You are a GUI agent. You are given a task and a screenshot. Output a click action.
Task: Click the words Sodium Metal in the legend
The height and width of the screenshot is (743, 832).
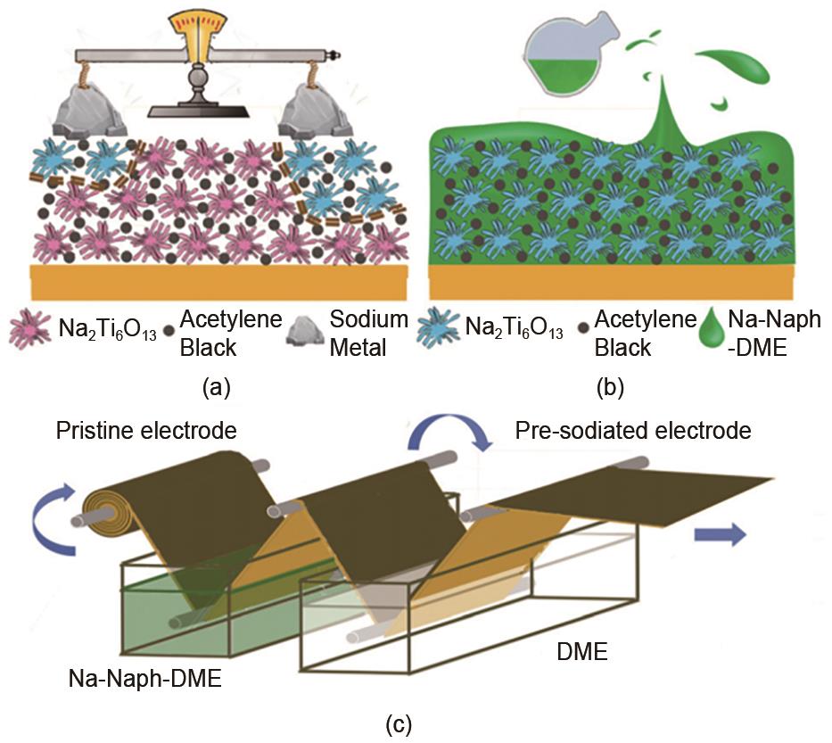coord(369,333)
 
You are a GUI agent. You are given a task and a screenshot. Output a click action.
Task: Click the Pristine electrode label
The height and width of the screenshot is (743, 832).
coord(146,432)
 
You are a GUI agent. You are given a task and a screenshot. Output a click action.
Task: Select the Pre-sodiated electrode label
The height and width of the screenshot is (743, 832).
coord(633,432)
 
